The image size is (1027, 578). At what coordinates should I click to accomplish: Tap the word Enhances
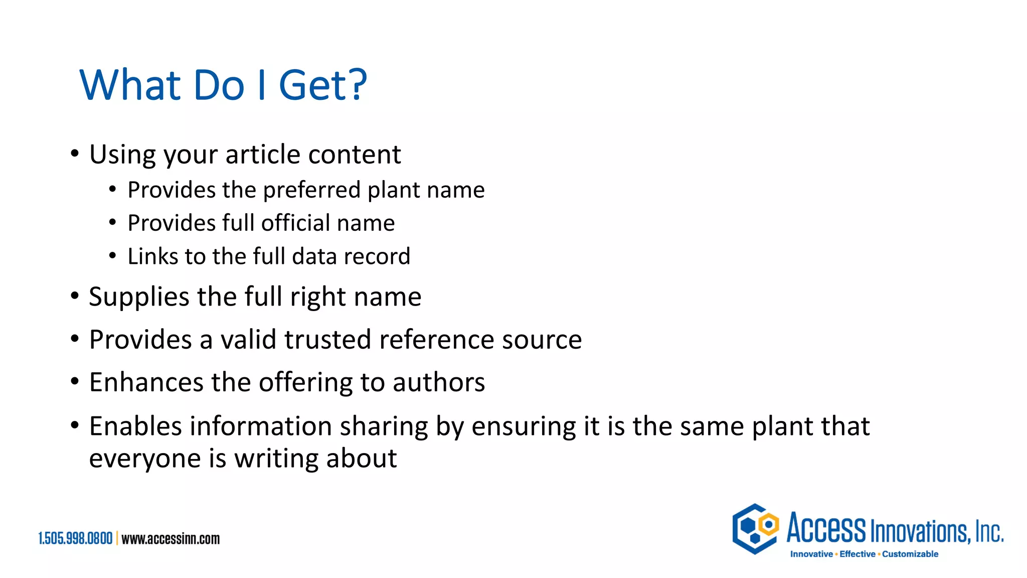point(146,382)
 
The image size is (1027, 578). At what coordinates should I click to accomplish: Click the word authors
point(439,382)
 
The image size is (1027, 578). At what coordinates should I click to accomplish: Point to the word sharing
point(384,426)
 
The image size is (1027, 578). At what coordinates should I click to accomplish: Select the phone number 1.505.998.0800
point(75,539)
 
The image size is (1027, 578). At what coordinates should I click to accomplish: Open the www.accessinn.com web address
point(170,539)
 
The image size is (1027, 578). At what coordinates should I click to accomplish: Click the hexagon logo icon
point(755,529)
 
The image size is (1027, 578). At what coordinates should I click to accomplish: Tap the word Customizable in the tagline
point(910,554)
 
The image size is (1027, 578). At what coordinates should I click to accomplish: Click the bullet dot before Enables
point(75,425)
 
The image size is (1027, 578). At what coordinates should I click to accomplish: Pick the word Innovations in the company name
point(920,531)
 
